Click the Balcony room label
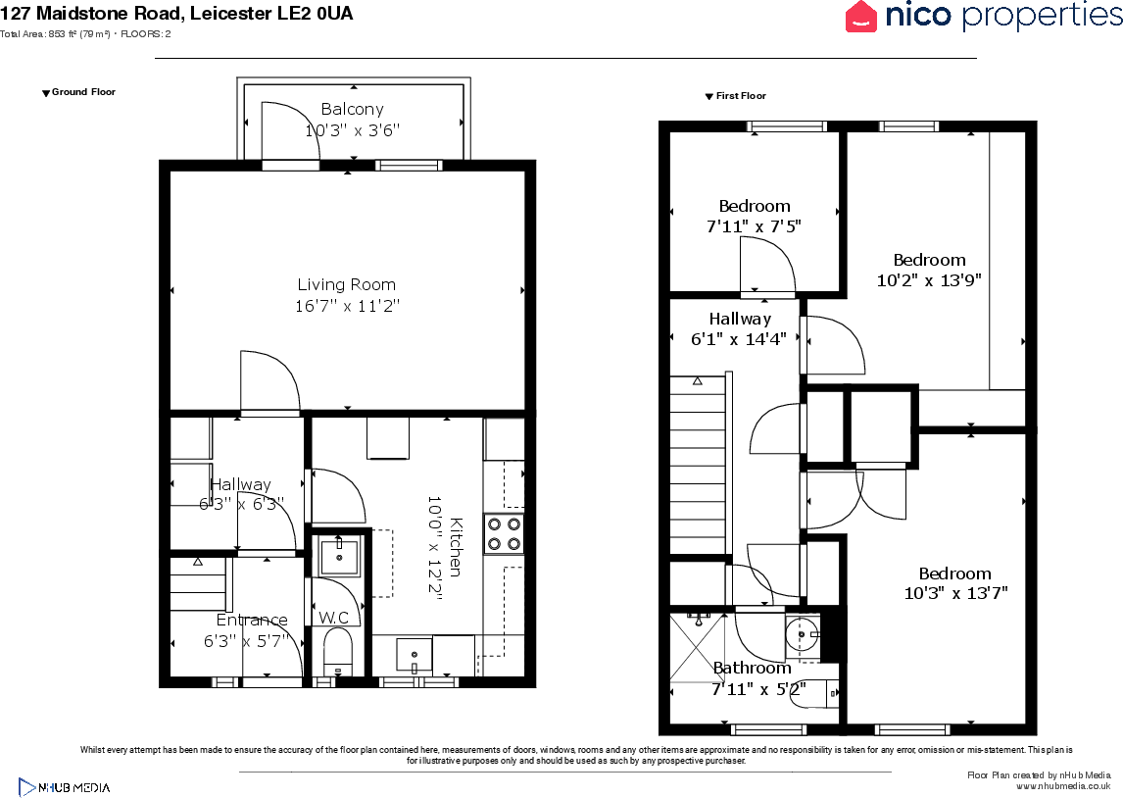(x=352, y=109)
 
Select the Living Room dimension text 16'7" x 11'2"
(x=347, y=306)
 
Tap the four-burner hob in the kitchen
(x=504, y=534)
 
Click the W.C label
(x=334, y=618)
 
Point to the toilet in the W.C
(x=337, y=651)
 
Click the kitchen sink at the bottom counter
(x=415, y=654)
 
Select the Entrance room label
(x=252, y=620)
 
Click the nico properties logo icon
(x=861, y=17)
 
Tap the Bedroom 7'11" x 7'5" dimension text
(x=754, y=226)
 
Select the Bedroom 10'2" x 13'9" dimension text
(x=928, y=279)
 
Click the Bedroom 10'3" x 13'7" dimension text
(x=954, y=593)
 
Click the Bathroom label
(x=752, y=668)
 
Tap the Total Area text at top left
(x=85, y=34)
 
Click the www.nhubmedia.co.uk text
(x=1062, y=786)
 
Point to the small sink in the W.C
(x=339, y=557)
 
